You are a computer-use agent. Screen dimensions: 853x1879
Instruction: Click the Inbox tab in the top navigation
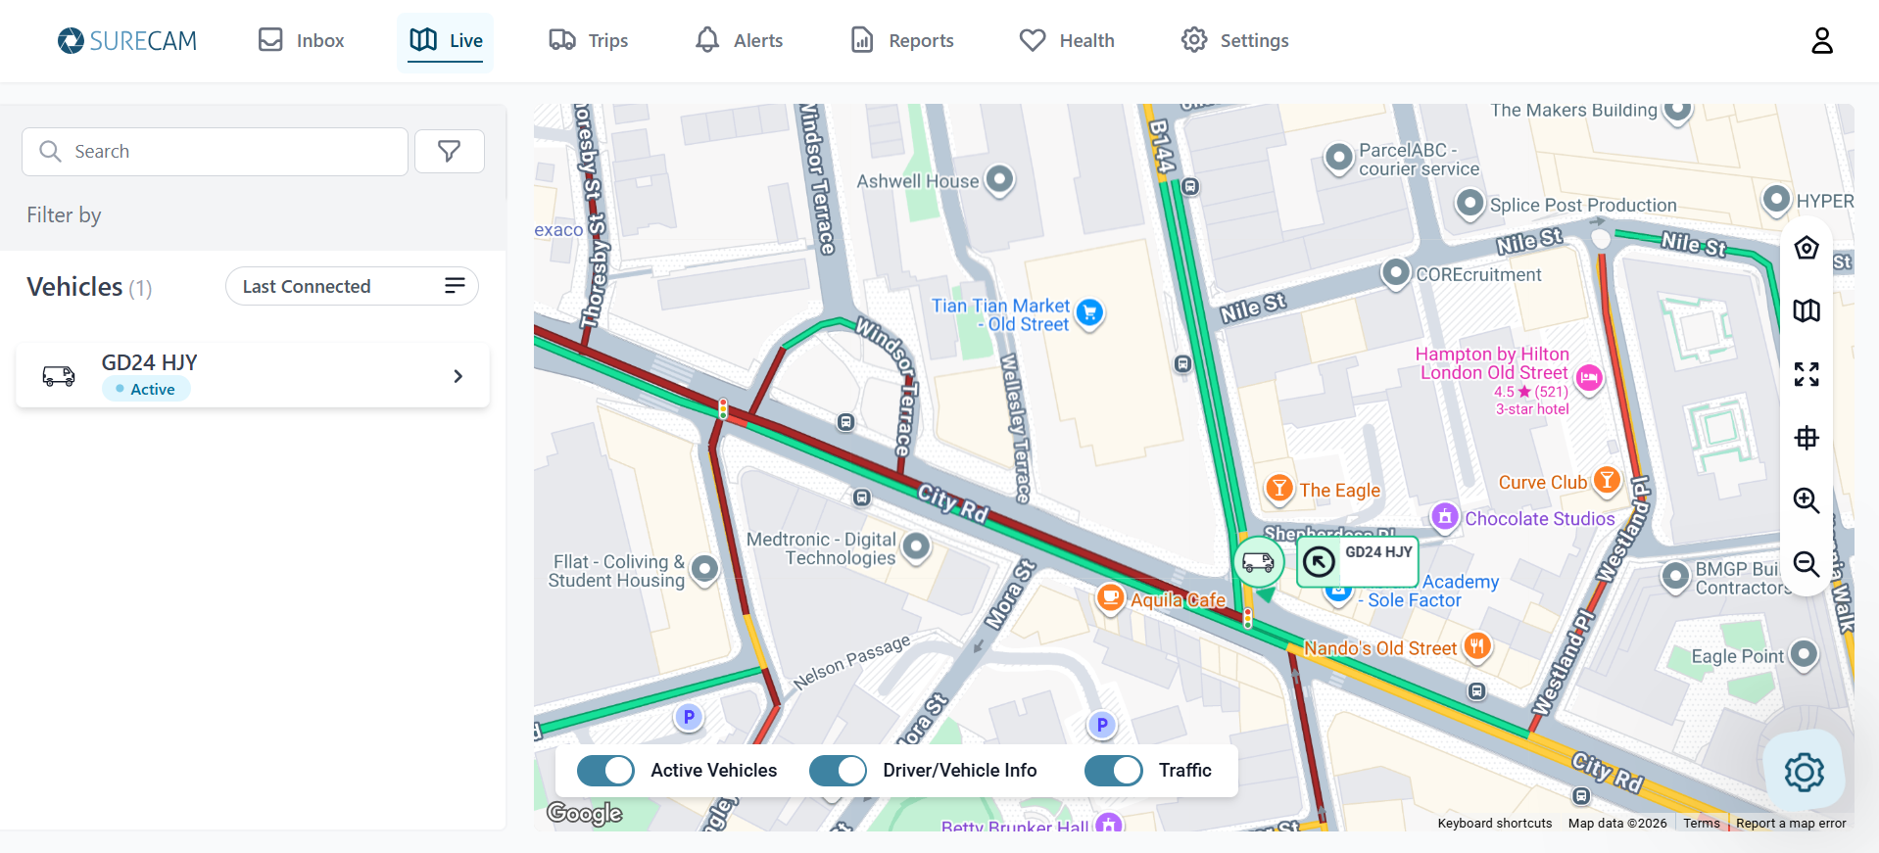pyautogui.click(x=301, y=40)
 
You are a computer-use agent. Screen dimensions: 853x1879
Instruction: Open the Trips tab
pyautogui.click(x=588, y=40)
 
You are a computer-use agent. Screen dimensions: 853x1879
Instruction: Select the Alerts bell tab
pyautogui.click(x=739, y=40)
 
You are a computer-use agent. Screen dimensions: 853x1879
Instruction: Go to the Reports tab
pyautogui.click(x=902, y=40)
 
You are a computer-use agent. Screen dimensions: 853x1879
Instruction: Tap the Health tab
pyautogui.click(x=1067, y=40)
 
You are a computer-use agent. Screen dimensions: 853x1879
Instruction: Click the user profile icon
pyautogui.click(x=1821, y=40)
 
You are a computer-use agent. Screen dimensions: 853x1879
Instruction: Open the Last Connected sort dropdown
pyautogui.click(x=352, y=286)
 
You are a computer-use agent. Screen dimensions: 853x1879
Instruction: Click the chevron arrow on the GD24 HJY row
pyautogui.click(x=458, y=376)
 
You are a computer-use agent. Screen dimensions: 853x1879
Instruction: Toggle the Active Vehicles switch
pyautogui.click(x=605, y=771)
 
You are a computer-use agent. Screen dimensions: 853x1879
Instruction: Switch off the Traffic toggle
pyautogui.click(x=1113, y=771)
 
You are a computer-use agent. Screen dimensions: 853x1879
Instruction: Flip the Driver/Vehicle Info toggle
pyautogui.click(x=838, y=771)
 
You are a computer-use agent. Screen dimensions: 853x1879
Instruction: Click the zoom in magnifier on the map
pyautogui.click(x=1806, y=500)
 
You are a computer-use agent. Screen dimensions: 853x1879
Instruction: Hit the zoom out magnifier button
pyautogui.click(x=1806, y=564)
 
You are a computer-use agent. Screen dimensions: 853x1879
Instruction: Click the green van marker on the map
pyautogui.click(x=1258, y=562)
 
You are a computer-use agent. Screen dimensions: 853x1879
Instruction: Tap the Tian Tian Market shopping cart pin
pyautogui.click(x=1089, y=312)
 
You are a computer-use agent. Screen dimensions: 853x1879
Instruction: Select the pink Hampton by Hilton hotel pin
pyautogui.click(x=1589, y=377)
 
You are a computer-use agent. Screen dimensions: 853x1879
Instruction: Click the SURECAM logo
pyautogui.click(x=127, y=40)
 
